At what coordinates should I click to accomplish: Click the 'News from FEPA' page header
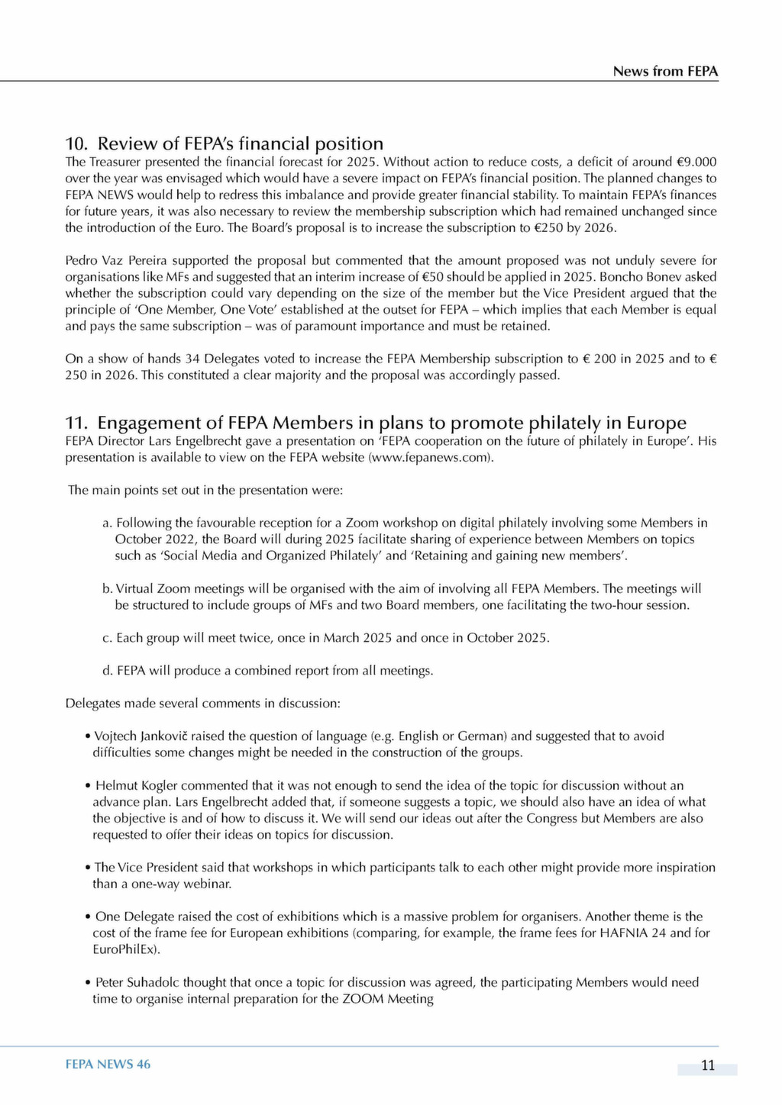coord(665,72)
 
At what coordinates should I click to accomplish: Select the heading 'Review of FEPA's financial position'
coord(241,143)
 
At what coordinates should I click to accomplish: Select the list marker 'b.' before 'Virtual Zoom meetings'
coord(107,588)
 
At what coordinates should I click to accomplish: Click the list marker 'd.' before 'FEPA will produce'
coord(107,671)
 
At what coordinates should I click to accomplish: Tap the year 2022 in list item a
coord(183,540)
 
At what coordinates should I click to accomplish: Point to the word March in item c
coord(341,638)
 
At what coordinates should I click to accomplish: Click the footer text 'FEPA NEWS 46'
coord(108,1065)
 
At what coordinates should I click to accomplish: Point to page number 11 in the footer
coord(707,1065)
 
